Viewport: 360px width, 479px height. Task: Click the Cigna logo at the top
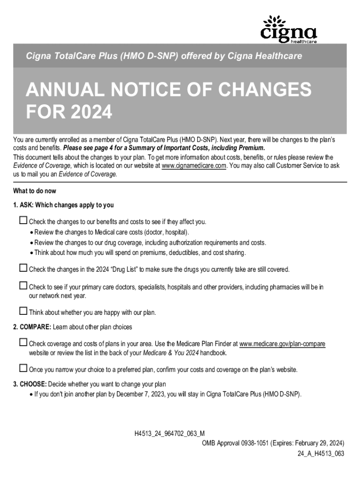tap(288, 29)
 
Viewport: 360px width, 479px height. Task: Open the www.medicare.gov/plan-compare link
tap(282, 344)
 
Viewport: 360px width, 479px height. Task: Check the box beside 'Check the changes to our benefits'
tap(23, 220)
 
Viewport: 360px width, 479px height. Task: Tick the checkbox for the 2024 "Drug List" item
tap(23, 269)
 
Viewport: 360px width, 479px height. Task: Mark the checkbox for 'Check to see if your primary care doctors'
tap(23, 286)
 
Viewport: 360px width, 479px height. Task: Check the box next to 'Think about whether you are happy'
tap(23, 311)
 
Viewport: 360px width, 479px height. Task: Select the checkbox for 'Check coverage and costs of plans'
tap(23, 343)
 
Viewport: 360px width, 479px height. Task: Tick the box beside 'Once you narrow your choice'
tap(23, 369)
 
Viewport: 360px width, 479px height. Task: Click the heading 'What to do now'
tap(35, 191)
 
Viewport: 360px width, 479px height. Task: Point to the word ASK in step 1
tap(26, 205)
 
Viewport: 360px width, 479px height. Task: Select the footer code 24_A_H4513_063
tap(321, 453)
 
